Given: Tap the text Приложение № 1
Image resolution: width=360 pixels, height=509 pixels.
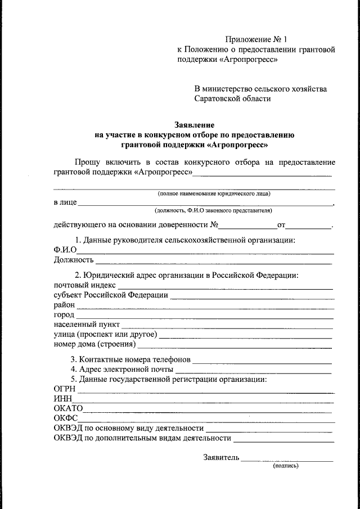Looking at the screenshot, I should click(256, 39).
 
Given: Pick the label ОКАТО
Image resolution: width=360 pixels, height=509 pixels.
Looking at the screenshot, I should click(69, 408).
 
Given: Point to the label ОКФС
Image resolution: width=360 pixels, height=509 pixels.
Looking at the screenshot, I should click(66, 418).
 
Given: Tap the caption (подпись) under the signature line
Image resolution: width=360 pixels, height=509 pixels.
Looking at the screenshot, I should click(286, 466).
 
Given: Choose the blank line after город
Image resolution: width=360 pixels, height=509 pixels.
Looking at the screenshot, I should click(205, 318).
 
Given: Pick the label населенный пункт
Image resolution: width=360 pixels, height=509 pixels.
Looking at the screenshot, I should click(87, 325).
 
